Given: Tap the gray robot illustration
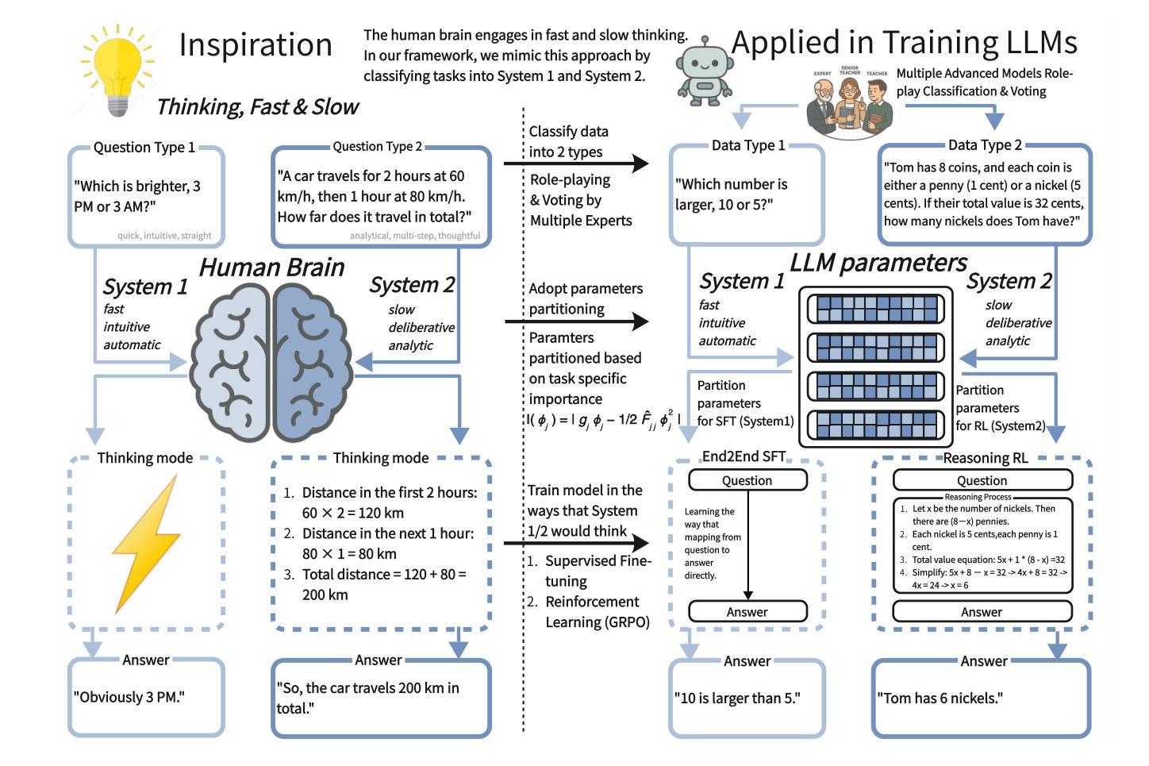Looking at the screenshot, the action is [705, 71].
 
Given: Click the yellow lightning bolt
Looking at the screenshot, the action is [147, 543].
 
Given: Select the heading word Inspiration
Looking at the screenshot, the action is [256, 44].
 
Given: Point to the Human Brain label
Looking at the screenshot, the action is [272, 268].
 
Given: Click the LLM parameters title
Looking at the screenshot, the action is [878, 263].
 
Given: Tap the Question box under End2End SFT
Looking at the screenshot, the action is [747, 480].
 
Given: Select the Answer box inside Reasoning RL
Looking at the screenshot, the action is [982, 611].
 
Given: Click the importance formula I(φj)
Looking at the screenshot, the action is [604, 420].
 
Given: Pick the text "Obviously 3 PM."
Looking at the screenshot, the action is [129, 697].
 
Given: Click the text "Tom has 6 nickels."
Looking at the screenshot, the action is [940, 699].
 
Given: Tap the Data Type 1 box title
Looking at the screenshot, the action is [747, 146].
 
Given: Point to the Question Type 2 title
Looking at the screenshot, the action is [377, 147].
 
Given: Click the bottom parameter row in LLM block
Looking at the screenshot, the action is [875, 425].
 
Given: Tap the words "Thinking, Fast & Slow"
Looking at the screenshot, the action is [258, 107].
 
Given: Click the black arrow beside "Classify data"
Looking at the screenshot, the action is [576, 164].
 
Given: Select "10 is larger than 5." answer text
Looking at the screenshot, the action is [737, 699].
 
